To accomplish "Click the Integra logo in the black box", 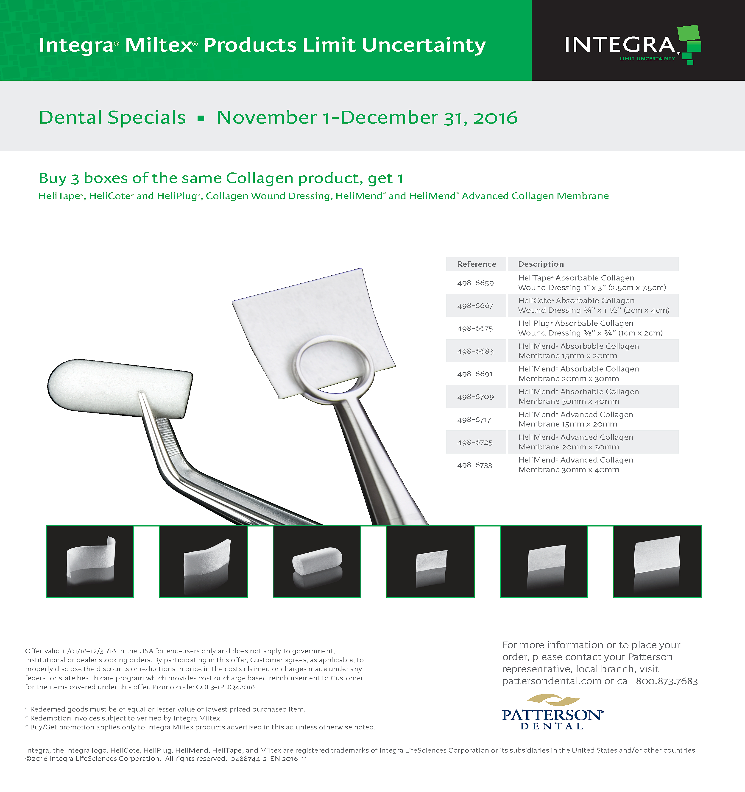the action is click(633, 45).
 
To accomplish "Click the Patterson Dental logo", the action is click(552, 712).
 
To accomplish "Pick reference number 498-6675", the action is click(475, 328).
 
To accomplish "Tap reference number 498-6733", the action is click(475, 465).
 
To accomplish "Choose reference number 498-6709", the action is click(476, 397).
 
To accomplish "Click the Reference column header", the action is click(477, 264).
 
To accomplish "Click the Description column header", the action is click(541, 264).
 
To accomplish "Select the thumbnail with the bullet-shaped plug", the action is click(317, 562).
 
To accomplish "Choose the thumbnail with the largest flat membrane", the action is click(657, 562).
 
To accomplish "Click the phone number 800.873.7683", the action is click(667, 681).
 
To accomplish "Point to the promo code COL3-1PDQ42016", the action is click(226, 687).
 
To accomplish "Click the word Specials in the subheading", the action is click(147, 118).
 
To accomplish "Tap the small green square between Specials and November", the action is click(201, 118).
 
